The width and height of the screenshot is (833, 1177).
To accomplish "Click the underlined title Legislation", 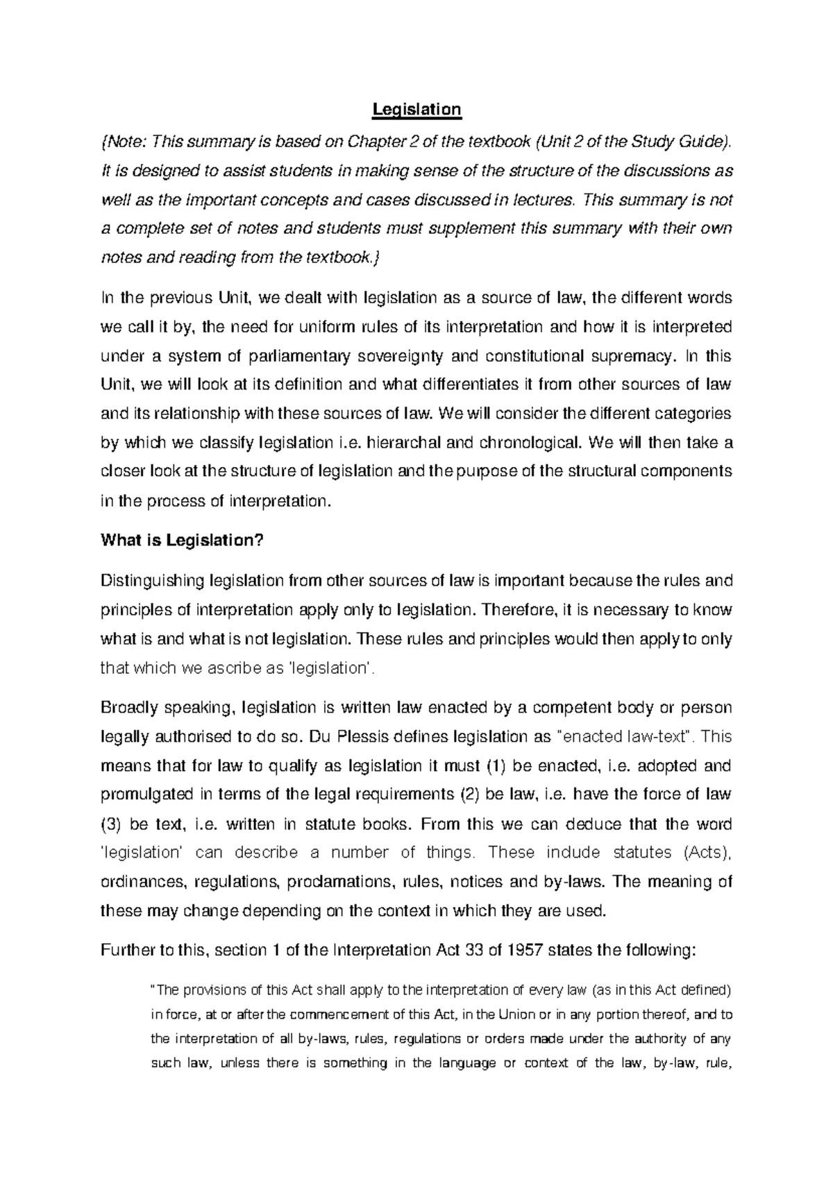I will pos(416,109).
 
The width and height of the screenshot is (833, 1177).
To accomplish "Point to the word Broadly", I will pos(128,708).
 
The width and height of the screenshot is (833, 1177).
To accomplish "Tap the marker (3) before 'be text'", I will pos(111,824).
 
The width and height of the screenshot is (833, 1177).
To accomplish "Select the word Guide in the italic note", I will pos(708,142).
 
